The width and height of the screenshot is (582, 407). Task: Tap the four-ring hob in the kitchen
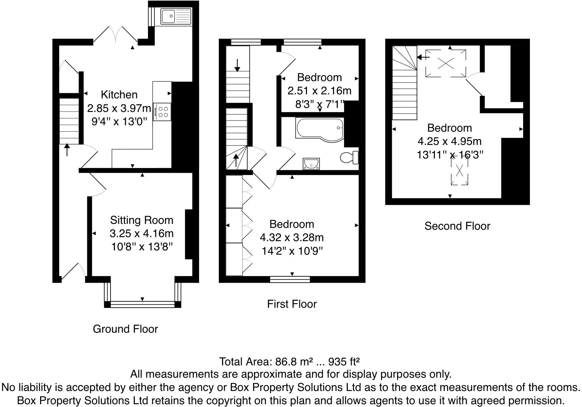pyautogui.click(x=162, y=112)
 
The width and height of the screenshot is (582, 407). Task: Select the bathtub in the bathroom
pyautogui.click(x=319, y=128)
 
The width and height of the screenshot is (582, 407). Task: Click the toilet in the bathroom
pyautogui.click(x=349, y=158)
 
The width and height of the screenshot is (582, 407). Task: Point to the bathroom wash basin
pyautogui.click(x=311, y=164)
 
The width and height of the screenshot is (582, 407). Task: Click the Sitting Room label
pyautogui.click(x=141, y=220)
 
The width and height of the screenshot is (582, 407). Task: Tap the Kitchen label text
pyautogui.click(x=119, y=95)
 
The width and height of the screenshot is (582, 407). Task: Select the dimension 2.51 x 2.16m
pyautogui.click(x=319, y=91)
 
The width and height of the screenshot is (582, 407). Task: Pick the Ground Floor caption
pyautogui.click(x=125, y=329)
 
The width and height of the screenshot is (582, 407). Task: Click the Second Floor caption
pyautogui.click(x=457, y=226)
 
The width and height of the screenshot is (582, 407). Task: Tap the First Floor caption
pyautogui.click(x=292, y=304)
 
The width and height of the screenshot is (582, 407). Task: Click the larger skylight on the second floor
pyautogui.click(x=445, y=63)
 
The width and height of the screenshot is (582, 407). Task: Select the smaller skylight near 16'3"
pyautogui.click(x=459, y=171)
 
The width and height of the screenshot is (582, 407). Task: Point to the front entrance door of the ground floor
pyautogui.click(x=73, y=272)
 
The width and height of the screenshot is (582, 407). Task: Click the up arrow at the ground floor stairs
pyautogui.click(x=67, y=150)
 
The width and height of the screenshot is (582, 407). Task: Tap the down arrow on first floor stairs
pyautogui.click(x=237, y=65)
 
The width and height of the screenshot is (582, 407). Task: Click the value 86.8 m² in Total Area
pyautogui.click(x=294, y=361)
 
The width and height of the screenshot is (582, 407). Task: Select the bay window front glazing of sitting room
pyautogui.click(x=142, y=305)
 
